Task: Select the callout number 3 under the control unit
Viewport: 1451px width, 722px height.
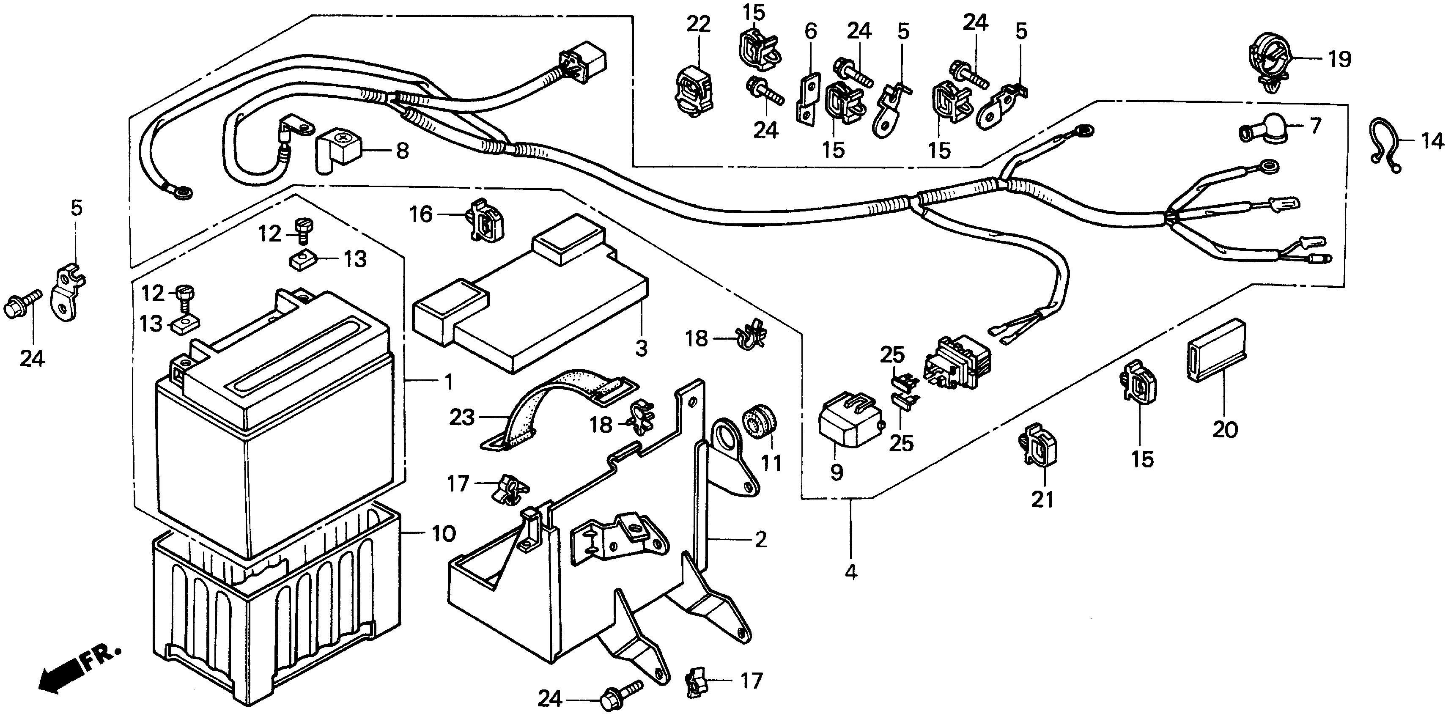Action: (x=642, y=349)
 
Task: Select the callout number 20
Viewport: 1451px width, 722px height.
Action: (x=1225, y=430)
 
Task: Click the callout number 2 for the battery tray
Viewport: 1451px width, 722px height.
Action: (x=760, y=540)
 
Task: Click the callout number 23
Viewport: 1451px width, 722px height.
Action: (x=462, y=417)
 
